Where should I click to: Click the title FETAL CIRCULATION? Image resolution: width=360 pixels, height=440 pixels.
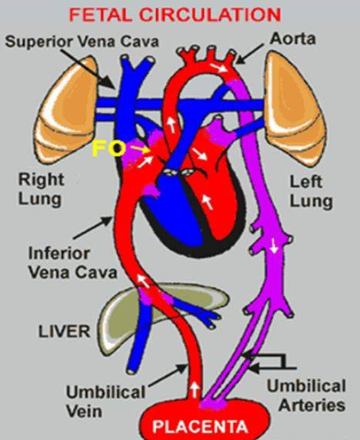pyautogui.click(x=175, y=15)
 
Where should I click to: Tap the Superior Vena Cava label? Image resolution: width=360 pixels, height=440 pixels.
pyautogui.click(x=82, y=42)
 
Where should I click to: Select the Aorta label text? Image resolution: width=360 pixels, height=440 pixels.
pyautogui.click(x=292, y=38)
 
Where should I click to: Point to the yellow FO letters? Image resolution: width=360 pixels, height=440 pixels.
pyautogui.click(x=108, y=148)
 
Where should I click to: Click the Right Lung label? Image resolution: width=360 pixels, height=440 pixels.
pyautogui.click(x=41, y=189)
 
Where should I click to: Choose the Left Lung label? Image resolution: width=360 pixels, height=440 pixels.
pyautogui.click(x=311, y=192)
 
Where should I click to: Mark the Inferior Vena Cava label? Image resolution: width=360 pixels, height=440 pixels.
pyautogui.click(x=72, y=263)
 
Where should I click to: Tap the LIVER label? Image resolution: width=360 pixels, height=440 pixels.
pyautogui.click(x=65, y=332)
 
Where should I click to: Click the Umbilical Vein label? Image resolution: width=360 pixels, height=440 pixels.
pyautogui.click(x=105, y=402)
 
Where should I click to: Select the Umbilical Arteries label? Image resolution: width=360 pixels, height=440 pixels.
pyautogui.click(x=306, y=395)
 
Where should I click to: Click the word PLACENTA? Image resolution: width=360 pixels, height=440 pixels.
pyautogui.click(x=200, y=426)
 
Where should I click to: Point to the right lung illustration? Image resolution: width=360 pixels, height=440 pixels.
pyautogui.click(x=67, y=112)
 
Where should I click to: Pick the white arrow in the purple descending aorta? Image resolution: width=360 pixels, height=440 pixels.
pyautogui.click(x=274, y=246)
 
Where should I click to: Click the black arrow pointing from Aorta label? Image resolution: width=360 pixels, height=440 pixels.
pyautogui.click(x=250, y=54)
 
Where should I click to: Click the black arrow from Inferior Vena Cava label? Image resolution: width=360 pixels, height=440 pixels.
pyautogui.click(x=93, y=228)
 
